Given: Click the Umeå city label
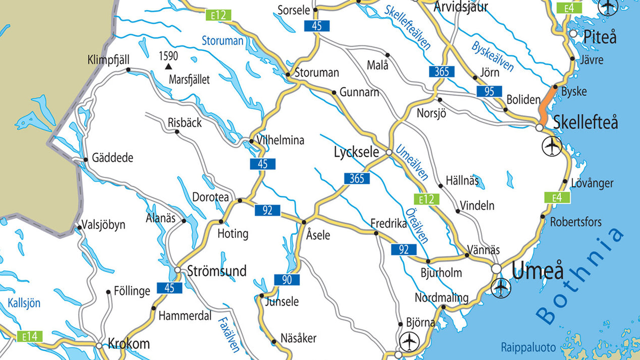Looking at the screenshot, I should click(x=538, y=271).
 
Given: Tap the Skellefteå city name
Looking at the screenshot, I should click(x=585, y=122).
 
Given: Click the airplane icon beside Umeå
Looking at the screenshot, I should click(x=500, y=288).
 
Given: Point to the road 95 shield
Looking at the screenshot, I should click(x=489, y=91).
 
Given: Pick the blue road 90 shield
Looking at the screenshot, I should click(x=287, y=280).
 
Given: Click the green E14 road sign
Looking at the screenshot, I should click(x=30, y=336).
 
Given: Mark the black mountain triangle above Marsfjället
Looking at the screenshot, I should click(x=168, y=66).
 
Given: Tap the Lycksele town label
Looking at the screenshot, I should click(x=356, y=152).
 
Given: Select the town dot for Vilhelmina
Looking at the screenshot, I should click(x=251, y=141).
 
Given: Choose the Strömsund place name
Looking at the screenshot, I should click(x=216, y=271).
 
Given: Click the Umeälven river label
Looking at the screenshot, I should click(x=412, y=162).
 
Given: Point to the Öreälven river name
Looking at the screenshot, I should click(x=416, y=225).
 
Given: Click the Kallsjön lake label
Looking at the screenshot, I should click(x=24, y=303).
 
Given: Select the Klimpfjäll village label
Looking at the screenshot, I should click(x=108, y=61).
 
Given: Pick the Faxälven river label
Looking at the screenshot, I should click(x=228, y=335).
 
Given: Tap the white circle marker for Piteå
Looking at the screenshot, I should click(x=573, y=33).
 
